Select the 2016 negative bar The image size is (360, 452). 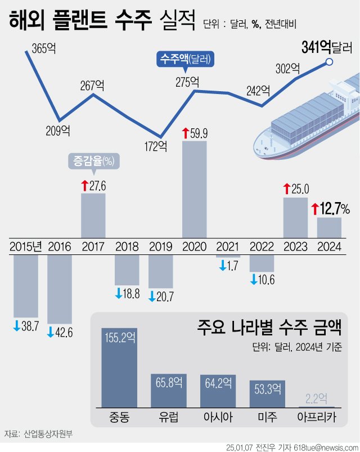tap(59, 289)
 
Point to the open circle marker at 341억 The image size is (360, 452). tap(330, 62)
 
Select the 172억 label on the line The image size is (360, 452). tap(156, 147)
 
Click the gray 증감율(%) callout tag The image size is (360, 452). tap(93, 162)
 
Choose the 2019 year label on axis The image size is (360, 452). tap(160, 246)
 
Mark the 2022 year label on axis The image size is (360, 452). tap(261, 246)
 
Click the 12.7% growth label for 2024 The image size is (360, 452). tap(331, 209)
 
